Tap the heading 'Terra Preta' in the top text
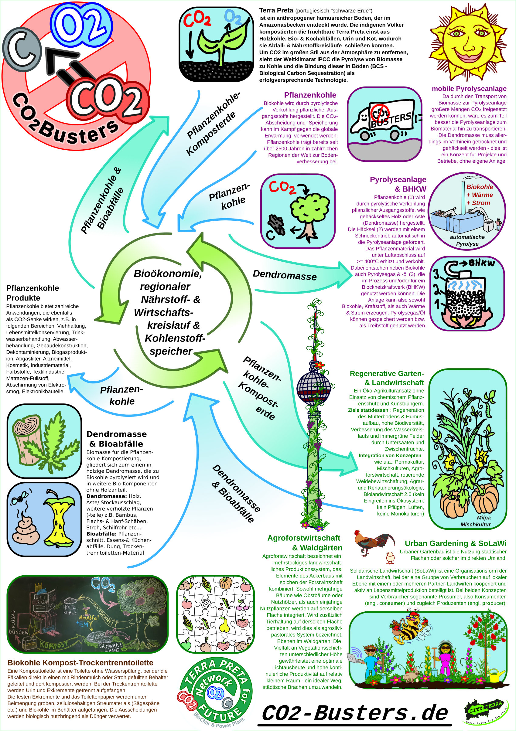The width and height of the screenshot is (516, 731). point(276,11)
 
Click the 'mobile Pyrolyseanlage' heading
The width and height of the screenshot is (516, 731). point(469,89)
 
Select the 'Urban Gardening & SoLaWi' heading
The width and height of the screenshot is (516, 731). point(455,543)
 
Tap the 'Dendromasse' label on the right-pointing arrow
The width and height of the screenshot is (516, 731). point(285,275)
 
